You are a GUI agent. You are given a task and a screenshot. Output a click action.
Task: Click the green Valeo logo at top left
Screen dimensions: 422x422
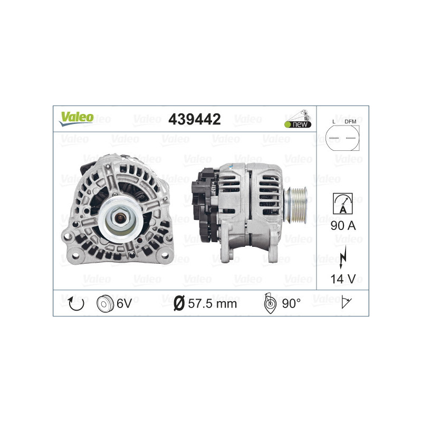[76, 118]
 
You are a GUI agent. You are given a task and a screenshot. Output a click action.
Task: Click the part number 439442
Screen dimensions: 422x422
[194, 119]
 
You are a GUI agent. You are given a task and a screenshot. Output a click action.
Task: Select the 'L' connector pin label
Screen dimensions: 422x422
[334, 122]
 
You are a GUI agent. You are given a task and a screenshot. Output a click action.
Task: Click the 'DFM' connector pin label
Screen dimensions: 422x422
[350, 122]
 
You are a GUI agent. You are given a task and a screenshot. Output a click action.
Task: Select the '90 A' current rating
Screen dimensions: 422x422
[342, 226]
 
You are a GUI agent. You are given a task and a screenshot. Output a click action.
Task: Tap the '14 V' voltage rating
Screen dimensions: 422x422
[342, 277]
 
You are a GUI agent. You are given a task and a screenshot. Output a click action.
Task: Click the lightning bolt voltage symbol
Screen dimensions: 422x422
[342, 254]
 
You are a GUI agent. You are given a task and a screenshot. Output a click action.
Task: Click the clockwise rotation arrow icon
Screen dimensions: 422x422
[75, 303]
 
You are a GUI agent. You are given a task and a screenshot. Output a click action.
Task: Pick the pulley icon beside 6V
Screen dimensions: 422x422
[105, 303]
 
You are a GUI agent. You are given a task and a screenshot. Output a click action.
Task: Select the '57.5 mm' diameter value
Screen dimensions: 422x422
[213, 303]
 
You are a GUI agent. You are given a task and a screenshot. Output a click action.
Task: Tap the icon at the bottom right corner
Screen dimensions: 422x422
[346, 303]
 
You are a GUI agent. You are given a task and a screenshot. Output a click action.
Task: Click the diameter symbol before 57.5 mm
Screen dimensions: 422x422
[179, 303]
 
